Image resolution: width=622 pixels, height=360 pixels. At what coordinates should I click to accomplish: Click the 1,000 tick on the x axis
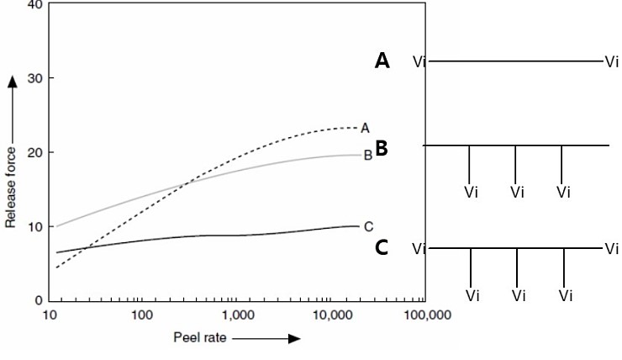pyautogui.click(x=238, y=315)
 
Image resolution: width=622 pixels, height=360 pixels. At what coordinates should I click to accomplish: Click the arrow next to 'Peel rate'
pyautogui.click(x=267, y=338)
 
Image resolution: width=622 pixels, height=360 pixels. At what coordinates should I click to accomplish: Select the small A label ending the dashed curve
pyautogui.click(x=365, y=128)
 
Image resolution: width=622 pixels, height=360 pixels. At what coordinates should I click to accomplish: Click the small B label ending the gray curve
pyautogui.click(x=367, y=155)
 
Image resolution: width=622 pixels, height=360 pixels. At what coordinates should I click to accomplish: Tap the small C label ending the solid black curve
pyautogui.click(x=368, y=226)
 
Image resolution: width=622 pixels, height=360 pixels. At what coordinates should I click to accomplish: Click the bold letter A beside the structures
pyautogui.click(x=382, y=61)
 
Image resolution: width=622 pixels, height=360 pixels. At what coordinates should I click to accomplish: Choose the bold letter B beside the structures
pyautogui.click(x=381, y=149)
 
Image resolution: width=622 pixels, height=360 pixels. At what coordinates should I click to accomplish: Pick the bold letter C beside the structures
pyautogui.click(x=382, y=248)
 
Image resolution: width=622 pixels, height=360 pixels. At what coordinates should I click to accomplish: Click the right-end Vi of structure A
pyautogui.click(x=611, y=61)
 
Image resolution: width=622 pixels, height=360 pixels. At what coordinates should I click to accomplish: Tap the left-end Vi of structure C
pyautogui.click(x=420, y=249)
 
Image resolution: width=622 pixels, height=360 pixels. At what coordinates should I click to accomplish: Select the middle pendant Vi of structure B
pyautogui.click(x=517, y=192)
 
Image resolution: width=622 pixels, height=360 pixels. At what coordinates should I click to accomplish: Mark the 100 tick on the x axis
pyautogui.click(x=142, y=315)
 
